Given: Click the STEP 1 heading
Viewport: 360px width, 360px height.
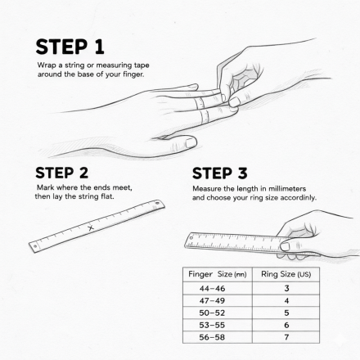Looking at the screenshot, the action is [70, 47].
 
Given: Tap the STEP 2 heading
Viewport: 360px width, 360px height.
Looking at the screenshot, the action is [62, 173].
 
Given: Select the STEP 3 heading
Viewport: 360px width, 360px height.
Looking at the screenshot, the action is [220, 173].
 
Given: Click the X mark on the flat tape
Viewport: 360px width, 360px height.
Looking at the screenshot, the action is [91, 227].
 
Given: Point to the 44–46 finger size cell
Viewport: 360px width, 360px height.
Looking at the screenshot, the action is [212, 288].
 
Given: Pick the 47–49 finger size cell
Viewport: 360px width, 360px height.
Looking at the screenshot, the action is [212, 300].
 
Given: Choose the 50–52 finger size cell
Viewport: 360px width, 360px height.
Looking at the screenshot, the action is [212, 313].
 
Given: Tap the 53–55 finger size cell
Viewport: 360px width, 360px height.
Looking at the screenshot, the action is [212, 325].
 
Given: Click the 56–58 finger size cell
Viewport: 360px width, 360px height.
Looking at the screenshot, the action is [212, 337].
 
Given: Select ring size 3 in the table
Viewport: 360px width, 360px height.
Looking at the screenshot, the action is [286, 288].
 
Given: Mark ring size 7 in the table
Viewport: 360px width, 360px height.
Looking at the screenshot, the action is [286, 337].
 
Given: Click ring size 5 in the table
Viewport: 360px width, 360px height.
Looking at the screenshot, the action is [286, 313].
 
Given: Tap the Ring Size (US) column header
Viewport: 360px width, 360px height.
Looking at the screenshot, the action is [286, 274].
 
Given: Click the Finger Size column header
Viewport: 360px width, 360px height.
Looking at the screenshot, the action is [218, 274].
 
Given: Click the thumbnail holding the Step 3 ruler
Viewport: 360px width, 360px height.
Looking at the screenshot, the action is [285, 247].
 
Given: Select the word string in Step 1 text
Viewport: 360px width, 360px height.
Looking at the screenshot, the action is [74, 65].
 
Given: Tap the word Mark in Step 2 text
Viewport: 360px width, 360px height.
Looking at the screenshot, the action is [46, 187].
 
